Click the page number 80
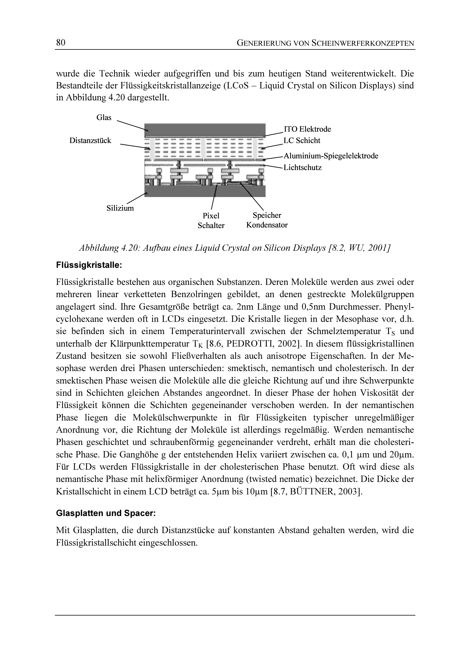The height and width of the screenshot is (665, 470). tap(61, 43)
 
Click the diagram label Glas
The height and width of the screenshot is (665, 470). tap(104, 117)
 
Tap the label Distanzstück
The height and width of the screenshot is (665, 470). tap(90, 140)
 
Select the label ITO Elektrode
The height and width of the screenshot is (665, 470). tap(307, 129)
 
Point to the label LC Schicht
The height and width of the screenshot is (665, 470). tap(302, 140)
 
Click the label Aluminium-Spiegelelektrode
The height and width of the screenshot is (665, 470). tap(331, 156)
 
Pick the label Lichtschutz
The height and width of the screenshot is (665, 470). tap(302, 167)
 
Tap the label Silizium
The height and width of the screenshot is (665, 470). tap(120, 208)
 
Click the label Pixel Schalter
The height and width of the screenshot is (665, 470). tap(211, 220)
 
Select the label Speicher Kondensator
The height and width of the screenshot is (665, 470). tap(267, 220)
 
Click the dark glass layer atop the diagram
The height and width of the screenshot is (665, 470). tap(205, 130)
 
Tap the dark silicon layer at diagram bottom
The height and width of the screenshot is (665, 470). tap(205, 191)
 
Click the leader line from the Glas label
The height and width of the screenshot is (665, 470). tap(130, 125)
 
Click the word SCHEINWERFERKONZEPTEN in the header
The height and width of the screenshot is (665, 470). tap(363, 43)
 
